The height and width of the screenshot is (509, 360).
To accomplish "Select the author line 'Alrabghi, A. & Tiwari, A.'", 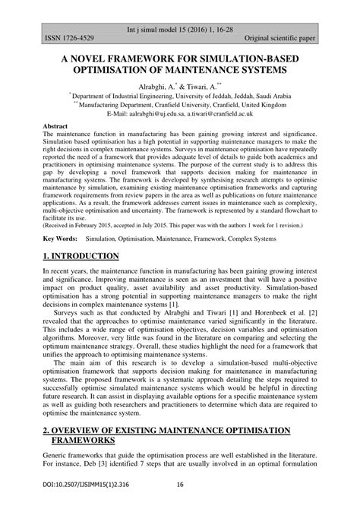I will (179, 87).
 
